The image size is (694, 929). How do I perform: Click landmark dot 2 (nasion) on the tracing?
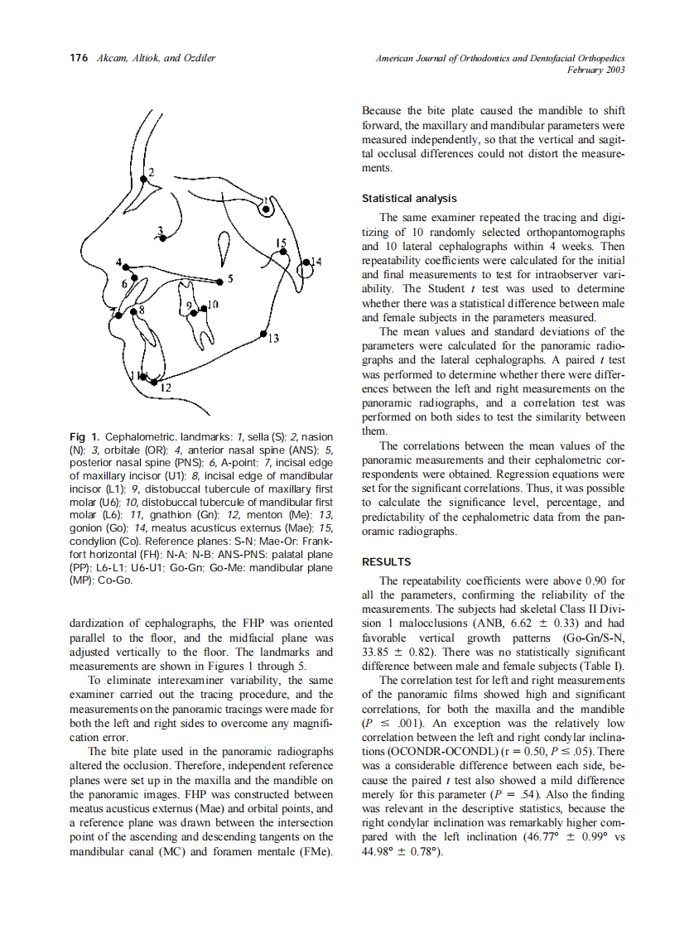click(x=144, y=179)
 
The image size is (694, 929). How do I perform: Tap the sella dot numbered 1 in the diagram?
click(x=266, y=209)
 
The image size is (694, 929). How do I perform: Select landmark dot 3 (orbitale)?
click(x=163, y=238)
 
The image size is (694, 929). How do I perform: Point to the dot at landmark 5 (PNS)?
click(x=220, y=282)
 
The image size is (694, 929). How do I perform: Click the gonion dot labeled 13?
click(x=263, y=334)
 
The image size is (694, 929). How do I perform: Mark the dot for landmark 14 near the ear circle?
click(x=306, y=262)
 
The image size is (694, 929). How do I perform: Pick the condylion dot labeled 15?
click(x=283, y=252)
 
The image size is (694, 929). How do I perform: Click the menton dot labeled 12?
click(x=154, y=382)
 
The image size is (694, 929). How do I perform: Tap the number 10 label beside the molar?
click(x=213, y=304)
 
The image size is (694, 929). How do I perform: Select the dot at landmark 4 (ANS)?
click(x=126, y=267)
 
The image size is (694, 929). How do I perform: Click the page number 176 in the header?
click(x=78, y=59)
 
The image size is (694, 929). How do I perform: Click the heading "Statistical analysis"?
click(x=409, y=199)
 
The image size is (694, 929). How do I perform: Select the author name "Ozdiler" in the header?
click(x=198, y=59)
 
